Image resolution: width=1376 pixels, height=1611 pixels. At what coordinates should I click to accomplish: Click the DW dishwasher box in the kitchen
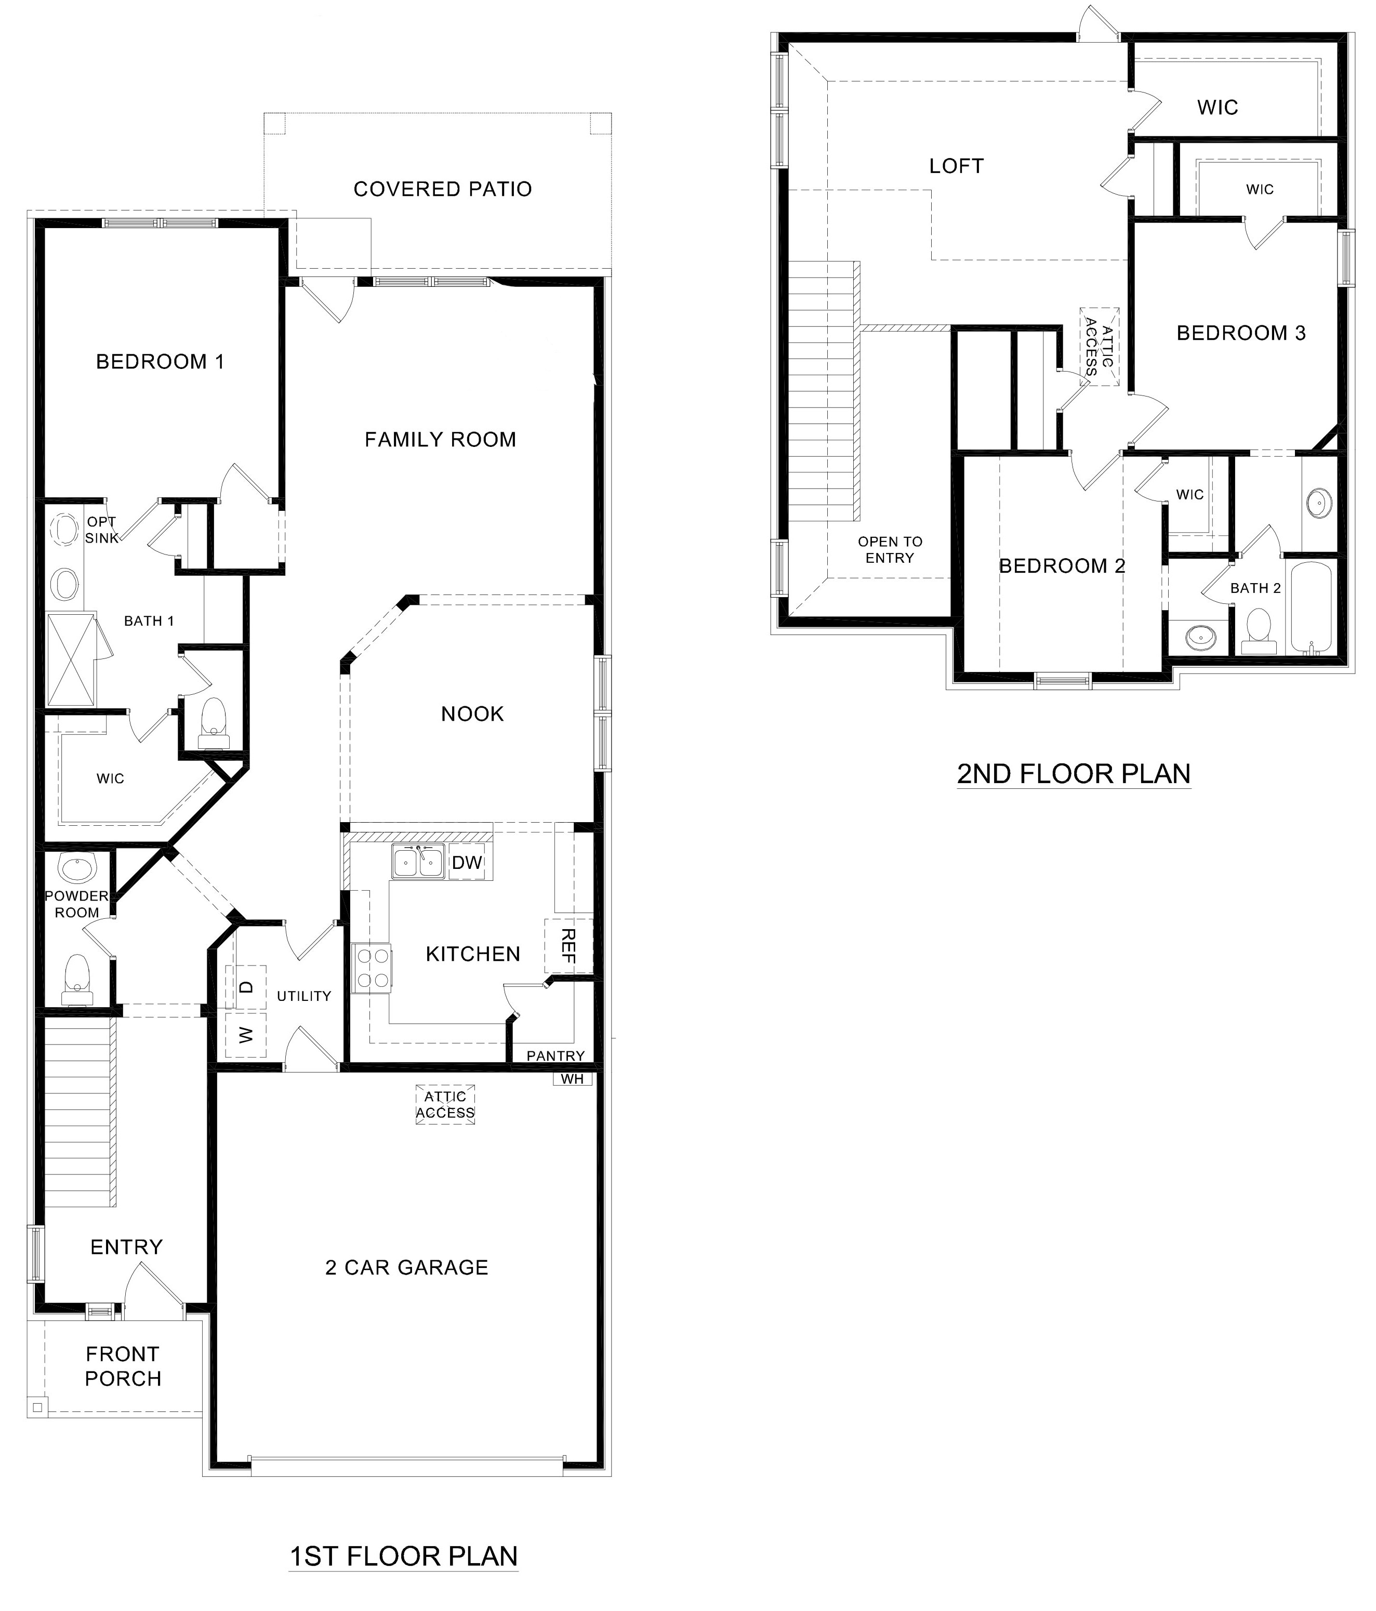click(467, 862)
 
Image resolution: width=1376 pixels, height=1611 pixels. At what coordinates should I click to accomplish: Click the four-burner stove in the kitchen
click(372, 968)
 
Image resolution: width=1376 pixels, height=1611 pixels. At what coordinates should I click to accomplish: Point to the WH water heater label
click(572, 1079)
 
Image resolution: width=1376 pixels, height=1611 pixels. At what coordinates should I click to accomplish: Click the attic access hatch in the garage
click(445, 1105)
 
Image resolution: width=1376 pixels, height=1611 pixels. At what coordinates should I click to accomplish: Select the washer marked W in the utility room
click(246, 1035)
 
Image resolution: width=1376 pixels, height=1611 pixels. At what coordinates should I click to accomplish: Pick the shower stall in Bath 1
click(72, 659)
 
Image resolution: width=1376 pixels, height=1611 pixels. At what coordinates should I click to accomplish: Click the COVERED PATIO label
click(442, 189)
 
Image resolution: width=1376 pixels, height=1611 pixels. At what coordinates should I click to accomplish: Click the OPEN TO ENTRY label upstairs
click(890, 550)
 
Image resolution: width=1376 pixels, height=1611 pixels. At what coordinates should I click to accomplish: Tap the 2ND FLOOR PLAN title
click(1073, 774)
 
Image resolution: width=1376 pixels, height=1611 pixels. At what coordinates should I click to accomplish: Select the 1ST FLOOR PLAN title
click(403, 1556)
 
